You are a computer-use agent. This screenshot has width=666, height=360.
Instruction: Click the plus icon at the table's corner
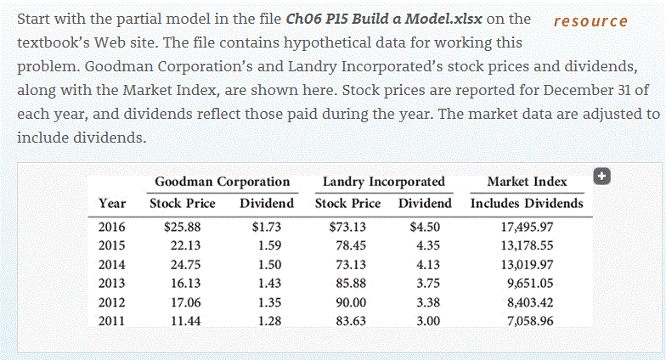pos(602,176)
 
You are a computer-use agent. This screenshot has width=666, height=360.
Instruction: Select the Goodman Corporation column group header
pos(223,182)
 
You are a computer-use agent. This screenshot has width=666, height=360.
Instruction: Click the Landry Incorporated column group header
pos(384,182)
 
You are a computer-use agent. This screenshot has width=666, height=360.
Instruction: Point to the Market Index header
pos(527,182)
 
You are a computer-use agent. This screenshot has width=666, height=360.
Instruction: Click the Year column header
pos(112,204)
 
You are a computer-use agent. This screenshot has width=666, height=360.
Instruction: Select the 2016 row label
pos(112,227)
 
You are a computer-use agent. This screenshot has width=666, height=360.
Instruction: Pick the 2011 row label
pos(112,321)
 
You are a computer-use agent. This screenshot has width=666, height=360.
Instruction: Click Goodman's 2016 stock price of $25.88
pos(181,227)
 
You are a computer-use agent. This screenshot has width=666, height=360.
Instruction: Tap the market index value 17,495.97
pos(528,227)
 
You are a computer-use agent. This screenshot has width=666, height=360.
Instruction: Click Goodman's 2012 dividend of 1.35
pos(267,302)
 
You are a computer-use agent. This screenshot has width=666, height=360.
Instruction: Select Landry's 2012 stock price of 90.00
pos(349,302)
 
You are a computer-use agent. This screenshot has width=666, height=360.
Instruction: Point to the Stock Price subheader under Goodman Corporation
pos(183,204)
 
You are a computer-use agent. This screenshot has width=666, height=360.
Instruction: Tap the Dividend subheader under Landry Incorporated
pos(425,204)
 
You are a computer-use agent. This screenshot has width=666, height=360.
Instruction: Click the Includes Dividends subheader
pos(527,204)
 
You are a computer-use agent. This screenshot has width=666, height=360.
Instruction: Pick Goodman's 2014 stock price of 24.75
pos(183,264)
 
